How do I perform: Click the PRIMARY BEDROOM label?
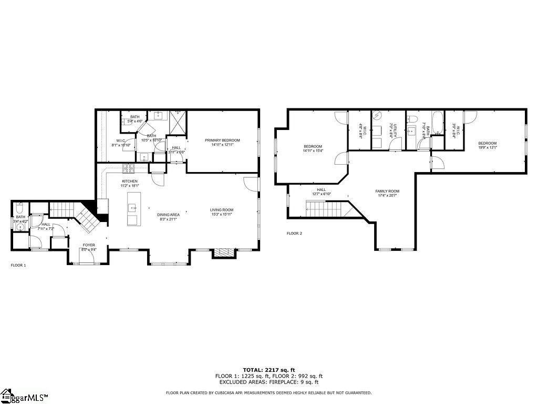pyautogui.click(x=222, y=140)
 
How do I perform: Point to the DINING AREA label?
pyautogui.click(x=168, y=215)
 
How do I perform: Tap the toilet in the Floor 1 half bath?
pyautogui.click(x=19, y=206)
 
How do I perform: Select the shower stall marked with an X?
pyautogui.click(x=177, y=123)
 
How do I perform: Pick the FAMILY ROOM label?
pyautogui.click(x=387, y=191)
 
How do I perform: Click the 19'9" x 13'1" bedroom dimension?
pyautogui.click(x=487, y=148)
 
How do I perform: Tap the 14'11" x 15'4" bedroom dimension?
pyautogui.click(x=313, y=151)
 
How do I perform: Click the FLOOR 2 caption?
pyautogui.click(x=294, y=233)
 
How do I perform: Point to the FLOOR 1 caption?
pyautogui.click(x=18, y=265)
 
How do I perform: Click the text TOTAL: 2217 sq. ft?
pyautogui.click(x=268, y=370)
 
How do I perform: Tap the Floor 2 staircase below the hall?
pyautogui.click(x=326, y=210)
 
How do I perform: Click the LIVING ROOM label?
pyautogui.click(x=221, y=210)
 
